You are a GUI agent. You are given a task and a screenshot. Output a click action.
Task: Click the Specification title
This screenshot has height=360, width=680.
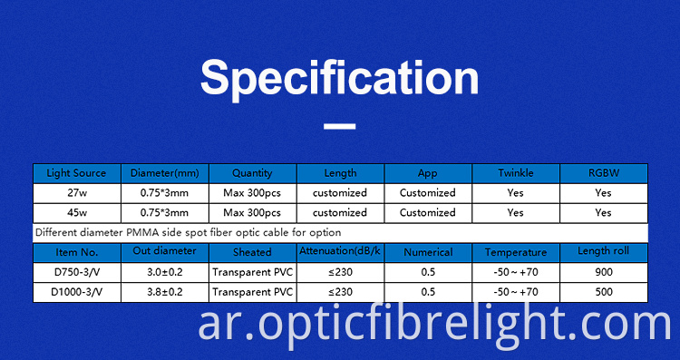[339, 78]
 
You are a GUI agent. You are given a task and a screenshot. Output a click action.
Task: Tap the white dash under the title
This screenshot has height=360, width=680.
[339, 128]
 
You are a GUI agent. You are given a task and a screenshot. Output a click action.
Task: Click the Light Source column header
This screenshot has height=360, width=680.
[76, 173]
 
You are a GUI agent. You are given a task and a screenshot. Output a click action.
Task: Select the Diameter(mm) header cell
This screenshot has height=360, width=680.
[165, 173]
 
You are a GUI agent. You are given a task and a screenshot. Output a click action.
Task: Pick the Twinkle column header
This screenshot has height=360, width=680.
[515, 173]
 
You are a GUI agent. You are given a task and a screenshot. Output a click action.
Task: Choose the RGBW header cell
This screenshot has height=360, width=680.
[603, 173]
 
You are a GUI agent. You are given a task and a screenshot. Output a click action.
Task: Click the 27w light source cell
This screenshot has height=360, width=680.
[76, 193]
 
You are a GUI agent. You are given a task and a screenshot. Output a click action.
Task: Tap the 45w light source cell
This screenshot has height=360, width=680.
[76, 213]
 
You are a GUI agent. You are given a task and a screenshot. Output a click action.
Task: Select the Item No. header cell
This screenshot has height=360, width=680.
[76, 252]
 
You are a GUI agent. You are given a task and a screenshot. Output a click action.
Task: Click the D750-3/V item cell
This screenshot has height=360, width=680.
[76, 272]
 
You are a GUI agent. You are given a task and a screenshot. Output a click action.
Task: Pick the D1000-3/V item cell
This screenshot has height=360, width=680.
[76, 292]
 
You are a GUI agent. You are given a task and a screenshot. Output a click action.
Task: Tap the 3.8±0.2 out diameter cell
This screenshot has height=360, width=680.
[165, 292]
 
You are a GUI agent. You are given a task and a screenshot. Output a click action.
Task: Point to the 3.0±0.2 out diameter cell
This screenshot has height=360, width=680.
[165, 272]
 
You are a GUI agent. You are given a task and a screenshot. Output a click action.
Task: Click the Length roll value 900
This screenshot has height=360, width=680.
[603, 272]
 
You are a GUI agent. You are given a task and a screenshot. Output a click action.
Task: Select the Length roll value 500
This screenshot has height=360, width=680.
[603, 292]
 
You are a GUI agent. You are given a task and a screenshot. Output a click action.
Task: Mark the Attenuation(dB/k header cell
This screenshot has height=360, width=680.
[340, 251]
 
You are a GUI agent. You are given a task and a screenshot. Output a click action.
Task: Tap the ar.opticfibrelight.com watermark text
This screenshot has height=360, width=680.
[436, 324]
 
